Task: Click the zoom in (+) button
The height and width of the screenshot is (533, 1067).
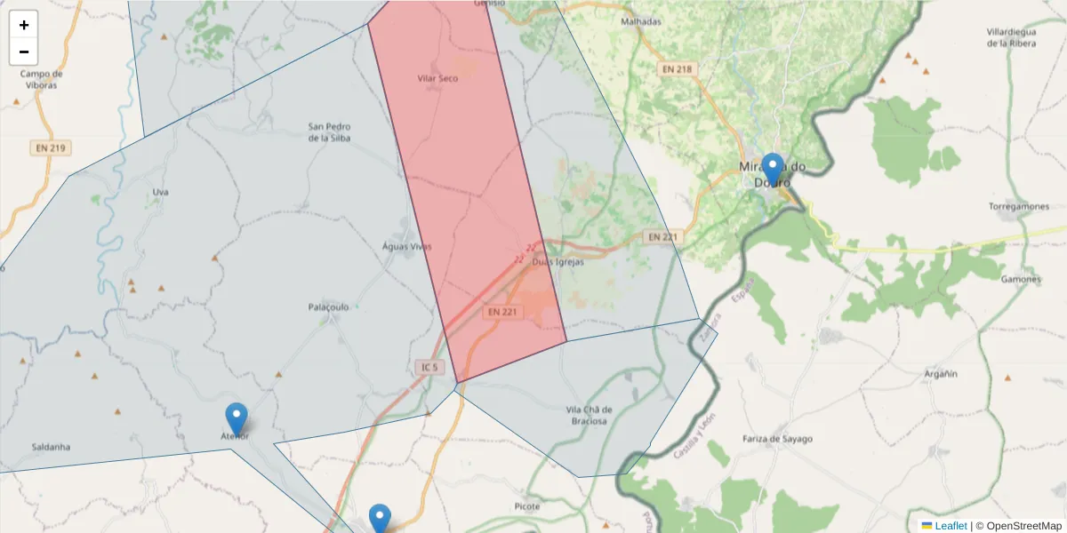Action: (24, 25)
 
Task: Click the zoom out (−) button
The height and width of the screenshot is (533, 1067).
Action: (24, 52)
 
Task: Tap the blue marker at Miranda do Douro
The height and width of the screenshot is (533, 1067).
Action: (773, 170)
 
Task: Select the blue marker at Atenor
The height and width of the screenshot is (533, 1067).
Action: (236, 418)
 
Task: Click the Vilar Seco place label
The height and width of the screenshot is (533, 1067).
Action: (437, 79)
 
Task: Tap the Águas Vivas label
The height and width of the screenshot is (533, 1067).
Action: (406, 246)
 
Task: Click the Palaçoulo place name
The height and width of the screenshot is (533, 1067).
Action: (328, 306)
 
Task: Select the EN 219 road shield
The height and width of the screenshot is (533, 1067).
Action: (50, 148)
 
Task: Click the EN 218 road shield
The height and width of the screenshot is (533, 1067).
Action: (677, 68)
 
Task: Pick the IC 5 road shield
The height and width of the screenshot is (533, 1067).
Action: (429, 367)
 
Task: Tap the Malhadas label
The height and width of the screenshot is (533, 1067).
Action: (641, 21)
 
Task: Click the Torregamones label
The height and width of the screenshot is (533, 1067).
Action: (1019, 206)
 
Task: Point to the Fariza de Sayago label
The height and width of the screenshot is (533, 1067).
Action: (777, 439)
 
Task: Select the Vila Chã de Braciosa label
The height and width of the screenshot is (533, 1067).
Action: (589, 415)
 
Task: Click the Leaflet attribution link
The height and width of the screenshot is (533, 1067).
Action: (951, 526)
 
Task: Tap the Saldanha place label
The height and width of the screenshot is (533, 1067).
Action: (51, 447)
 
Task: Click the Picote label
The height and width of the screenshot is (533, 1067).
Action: (527, 506)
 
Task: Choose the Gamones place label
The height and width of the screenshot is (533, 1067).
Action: (1021, 279)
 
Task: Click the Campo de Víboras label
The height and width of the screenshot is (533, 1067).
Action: (42, 80)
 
